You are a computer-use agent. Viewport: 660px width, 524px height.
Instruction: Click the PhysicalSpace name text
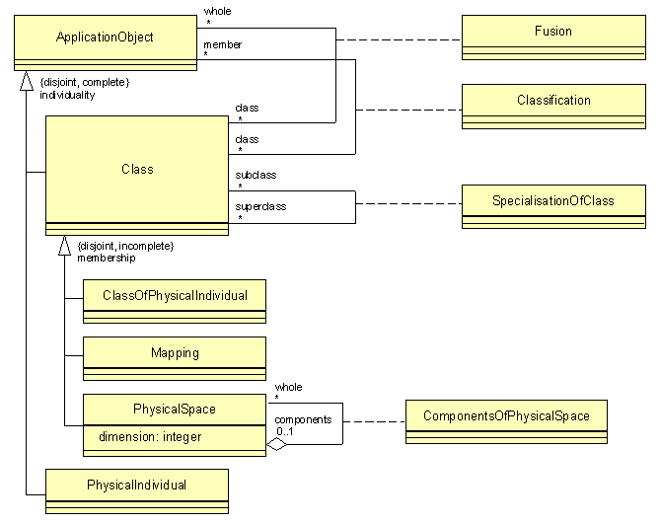tap(174, 409)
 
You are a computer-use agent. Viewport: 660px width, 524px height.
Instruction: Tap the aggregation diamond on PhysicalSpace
tap(277, 445)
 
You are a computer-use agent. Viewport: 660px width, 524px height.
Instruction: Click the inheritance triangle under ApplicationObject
tap(22, 80)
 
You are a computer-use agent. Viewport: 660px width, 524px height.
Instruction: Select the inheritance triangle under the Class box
tap(64, 246)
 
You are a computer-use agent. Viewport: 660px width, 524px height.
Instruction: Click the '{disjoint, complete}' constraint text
tap(84, 82)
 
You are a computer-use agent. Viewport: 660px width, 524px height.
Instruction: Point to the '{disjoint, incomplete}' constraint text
tap(124, 245)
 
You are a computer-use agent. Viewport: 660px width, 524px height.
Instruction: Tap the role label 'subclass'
tap(256, 175)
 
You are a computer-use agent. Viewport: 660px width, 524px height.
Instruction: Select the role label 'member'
tap(222, 44)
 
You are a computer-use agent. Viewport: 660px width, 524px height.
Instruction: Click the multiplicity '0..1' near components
tap(285, 431)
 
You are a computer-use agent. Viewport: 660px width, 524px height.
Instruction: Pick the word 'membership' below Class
tap(106, 257)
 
